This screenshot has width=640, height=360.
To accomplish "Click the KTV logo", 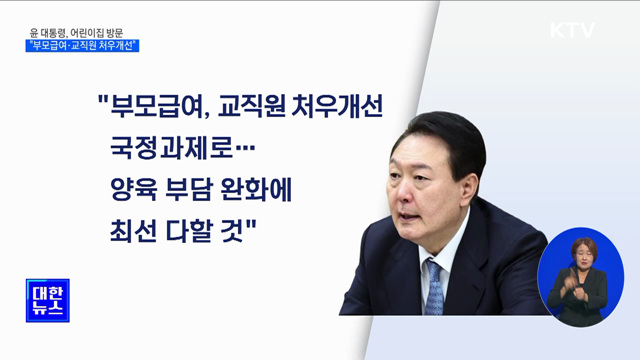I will tap(572, 31).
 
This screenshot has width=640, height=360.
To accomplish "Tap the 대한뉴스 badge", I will tap(46, 298).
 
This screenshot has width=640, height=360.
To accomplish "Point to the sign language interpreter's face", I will tap(581, 251).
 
